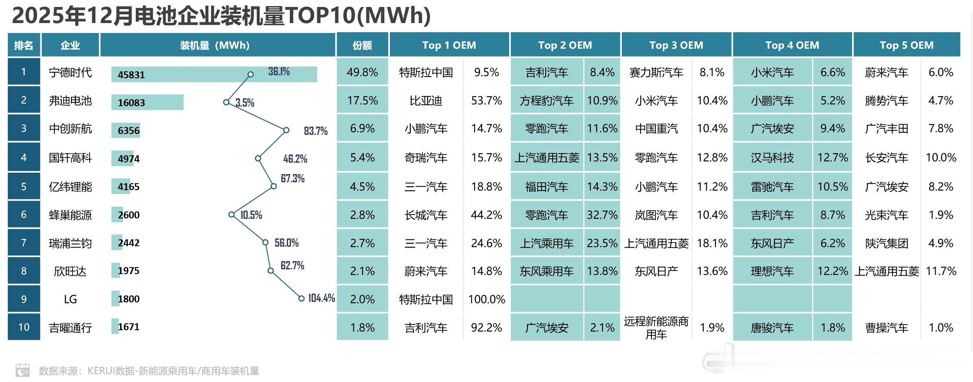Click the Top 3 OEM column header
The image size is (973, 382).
676,45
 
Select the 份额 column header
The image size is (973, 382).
362,45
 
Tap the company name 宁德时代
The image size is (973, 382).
70,72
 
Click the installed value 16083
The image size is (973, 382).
131,103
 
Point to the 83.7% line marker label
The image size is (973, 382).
315,131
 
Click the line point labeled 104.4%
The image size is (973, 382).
301,298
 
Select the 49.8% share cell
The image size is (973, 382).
362,72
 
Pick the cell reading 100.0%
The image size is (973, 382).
486,299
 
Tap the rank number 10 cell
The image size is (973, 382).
24,327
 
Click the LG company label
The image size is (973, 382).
70,299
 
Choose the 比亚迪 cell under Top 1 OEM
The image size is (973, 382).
426,101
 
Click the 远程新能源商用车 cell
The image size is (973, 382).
656,328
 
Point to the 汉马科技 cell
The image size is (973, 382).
772,157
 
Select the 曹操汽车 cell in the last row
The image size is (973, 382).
886,328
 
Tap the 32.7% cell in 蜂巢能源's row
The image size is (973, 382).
602,215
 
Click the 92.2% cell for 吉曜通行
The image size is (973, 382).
486,328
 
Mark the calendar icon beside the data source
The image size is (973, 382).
23,370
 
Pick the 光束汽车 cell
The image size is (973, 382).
886,215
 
